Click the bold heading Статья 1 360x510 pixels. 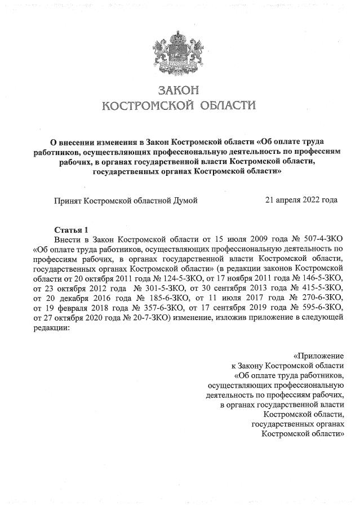[x=71, y=229]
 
